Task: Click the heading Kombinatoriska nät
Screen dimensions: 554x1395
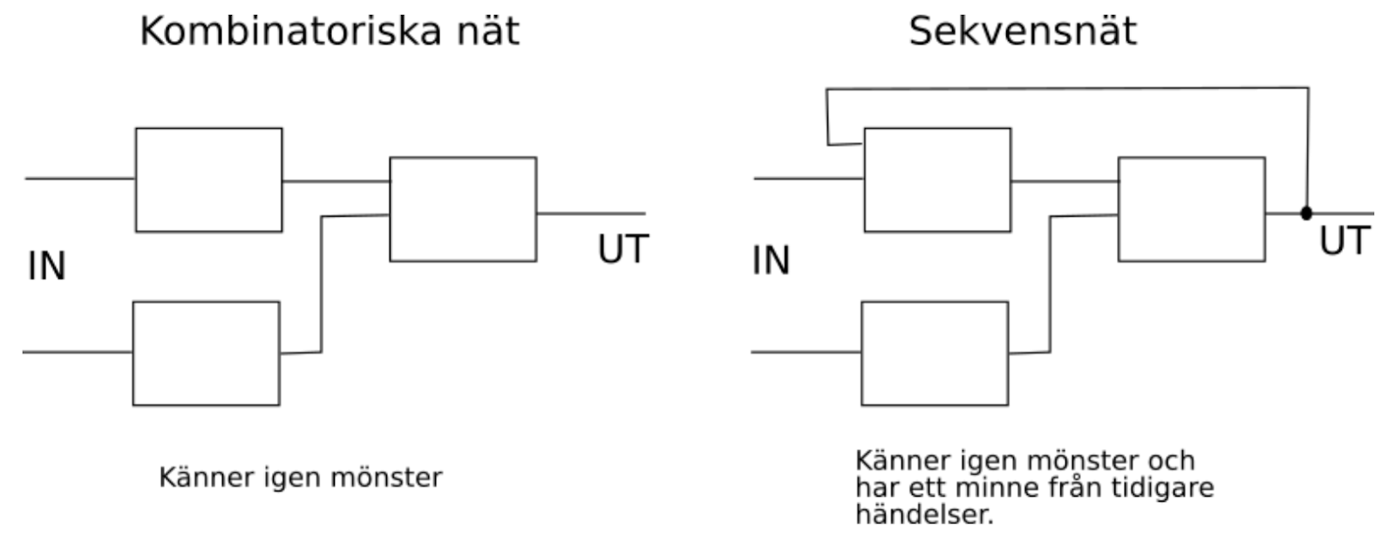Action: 329,32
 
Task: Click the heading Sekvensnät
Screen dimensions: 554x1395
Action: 1022,32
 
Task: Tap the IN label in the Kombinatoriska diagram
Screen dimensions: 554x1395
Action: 46,267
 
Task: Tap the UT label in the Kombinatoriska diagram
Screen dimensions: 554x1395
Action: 623,250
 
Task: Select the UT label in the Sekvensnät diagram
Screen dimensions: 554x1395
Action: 1344,241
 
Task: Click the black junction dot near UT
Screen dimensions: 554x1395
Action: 1305,213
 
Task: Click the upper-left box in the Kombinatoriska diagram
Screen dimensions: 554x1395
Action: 208,179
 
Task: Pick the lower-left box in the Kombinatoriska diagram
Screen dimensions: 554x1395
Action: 206,353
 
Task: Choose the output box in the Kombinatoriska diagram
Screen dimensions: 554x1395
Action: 462,209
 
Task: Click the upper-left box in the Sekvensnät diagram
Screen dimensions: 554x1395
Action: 937,179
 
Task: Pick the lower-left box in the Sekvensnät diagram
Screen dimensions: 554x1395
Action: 935,353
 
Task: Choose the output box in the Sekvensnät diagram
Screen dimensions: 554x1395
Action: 1191,209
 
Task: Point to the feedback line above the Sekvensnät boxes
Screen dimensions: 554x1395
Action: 1067,88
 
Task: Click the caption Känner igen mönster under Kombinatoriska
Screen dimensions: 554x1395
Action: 300,478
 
